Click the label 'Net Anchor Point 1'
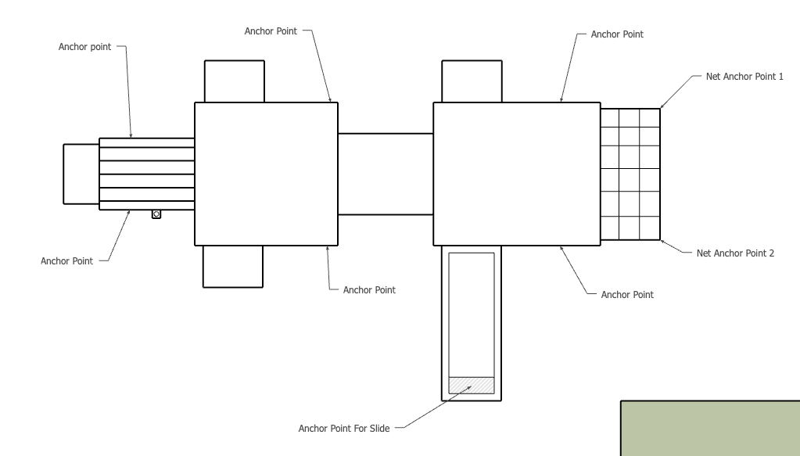click(744, 77)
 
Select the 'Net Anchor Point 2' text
click(735, 253)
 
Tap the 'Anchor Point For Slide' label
click(344, 429)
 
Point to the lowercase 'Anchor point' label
click(84, 47)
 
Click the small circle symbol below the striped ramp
click(156, 214)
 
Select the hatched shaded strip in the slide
click(472, 385)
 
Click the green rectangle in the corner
click(710, 429)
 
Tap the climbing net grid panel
click(630, 174)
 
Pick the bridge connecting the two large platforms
click(386, 174)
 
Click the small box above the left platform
click(234, 81)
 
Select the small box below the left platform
click(233, 266)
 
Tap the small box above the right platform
click(472, 81)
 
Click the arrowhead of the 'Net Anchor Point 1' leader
click(662, 106)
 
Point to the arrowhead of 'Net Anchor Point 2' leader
click(662, 241)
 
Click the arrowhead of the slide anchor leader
click(469, 388)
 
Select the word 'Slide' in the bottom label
click(379, 429)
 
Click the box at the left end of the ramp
click(81, 174)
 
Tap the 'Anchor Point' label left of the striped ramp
click(66, 261)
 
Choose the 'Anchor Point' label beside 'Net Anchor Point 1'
click(617, 34)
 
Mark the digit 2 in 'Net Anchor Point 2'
click(771, 253)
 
